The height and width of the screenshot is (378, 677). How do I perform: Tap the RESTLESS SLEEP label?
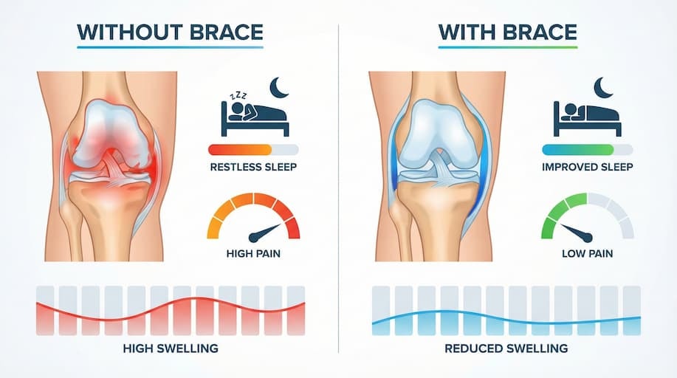pos(253,166)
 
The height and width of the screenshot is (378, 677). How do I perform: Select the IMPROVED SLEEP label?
pos(587,166)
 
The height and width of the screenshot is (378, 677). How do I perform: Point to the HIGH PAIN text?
pos(253,255)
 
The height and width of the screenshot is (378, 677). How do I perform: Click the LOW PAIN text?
pos(587,255)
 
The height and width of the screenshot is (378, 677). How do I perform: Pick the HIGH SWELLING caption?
pos(171,348)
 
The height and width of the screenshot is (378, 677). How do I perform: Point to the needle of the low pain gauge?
pos(576,230)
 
